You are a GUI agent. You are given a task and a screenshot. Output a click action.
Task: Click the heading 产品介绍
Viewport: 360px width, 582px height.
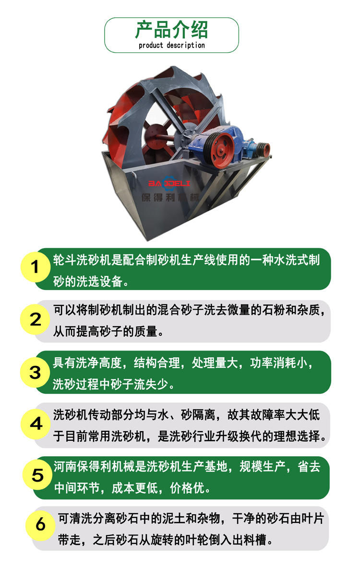(171, 30)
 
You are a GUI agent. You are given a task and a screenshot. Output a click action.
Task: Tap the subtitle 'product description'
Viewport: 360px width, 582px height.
(172, 45)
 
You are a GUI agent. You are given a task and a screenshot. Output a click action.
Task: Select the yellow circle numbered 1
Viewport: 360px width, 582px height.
(36, 267)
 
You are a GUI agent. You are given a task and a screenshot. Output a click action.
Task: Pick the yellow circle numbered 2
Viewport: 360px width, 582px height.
(36, 319)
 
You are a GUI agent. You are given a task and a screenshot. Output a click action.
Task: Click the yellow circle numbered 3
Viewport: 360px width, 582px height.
(36, 372)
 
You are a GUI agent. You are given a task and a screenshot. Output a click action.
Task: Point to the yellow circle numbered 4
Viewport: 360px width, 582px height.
(36, 424)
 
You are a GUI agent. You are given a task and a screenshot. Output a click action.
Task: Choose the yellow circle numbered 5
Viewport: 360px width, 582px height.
(37, 475)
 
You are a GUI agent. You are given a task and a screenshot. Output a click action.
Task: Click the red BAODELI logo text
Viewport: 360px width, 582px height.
(169, 183)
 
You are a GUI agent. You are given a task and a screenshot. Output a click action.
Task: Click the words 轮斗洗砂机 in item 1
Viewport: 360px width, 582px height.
(82, 260)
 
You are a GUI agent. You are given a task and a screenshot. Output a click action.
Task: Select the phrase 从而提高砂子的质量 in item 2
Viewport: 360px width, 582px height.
(105, 331)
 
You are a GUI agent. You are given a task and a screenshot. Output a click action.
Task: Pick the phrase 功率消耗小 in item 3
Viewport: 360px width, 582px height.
(279, 363)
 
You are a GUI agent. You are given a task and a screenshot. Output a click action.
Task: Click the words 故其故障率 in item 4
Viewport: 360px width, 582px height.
(256, 415)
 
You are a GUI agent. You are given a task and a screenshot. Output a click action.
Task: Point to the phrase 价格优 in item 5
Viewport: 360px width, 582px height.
(187, 488)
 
